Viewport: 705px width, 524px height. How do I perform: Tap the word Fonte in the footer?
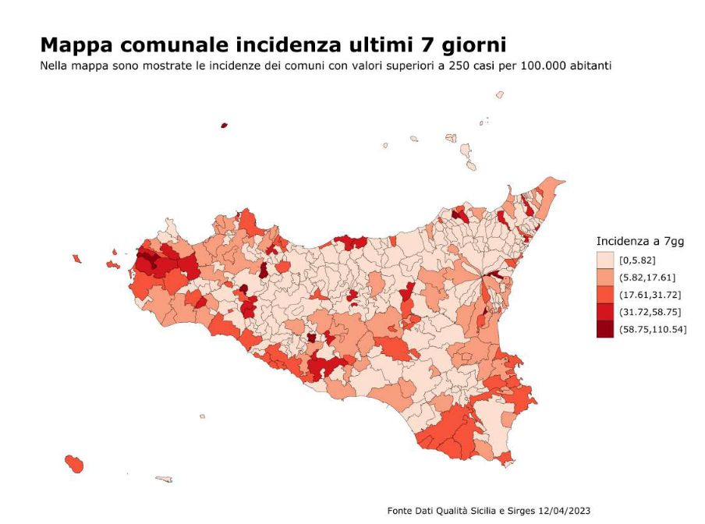pyautogui.click(x=401, y=511)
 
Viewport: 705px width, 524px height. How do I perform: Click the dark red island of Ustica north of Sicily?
pyautogui.click(x=224, y=125)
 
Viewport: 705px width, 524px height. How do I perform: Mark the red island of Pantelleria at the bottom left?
pyautogui.click(x=75, y=463)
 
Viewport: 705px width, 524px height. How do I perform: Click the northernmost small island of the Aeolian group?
pyautogui.click(x=499, y=94)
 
